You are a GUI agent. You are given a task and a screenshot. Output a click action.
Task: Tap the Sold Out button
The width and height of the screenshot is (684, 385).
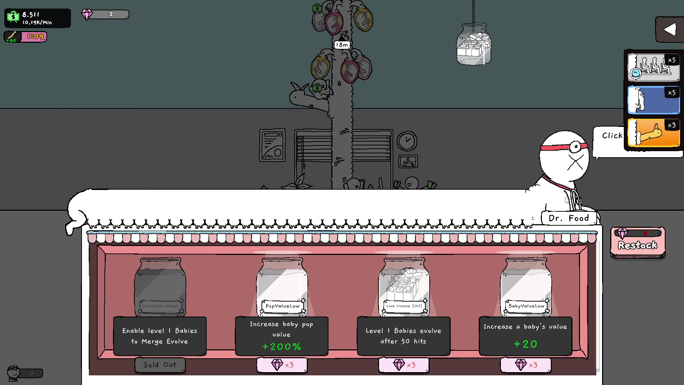(x=160, y=365)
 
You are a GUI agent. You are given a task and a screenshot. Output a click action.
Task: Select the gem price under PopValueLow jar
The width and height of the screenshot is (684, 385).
(x=282, y=365)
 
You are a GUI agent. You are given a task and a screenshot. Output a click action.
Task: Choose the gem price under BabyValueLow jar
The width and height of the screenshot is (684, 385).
(x=525, y=365)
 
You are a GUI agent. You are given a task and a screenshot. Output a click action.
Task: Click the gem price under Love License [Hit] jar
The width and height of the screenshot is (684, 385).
(x=404, y=365)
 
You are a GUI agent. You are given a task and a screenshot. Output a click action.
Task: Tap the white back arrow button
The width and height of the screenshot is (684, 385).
(x=670, y=30)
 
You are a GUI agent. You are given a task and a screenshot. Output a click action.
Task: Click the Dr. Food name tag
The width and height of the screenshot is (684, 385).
(x=568, y=218)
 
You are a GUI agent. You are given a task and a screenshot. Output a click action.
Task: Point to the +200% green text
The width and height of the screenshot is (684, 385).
(x=281, y=346)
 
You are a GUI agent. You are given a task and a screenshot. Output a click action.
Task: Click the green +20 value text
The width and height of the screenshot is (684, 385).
(x=525, y=344)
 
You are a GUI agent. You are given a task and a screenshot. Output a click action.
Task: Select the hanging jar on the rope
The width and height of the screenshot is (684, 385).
(x=473, y=45)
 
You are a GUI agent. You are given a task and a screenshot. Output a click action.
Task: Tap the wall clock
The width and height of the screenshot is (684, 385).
(x=407, y=141)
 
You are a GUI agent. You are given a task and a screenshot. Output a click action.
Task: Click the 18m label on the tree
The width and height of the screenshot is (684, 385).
(x=342, y=45)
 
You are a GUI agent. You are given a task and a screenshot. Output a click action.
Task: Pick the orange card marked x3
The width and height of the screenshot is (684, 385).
(x=653, y=133)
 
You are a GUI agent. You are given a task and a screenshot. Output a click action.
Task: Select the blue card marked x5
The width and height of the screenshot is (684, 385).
(x=653, y=100)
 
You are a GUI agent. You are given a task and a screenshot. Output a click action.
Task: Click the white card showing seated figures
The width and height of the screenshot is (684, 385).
(x=653, y=67)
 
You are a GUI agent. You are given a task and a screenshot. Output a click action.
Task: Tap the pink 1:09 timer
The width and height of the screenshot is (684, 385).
(x=35, y=37)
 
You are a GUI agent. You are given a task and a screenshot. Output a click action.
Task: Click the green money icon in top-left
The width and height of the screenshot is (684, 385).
(x=13, y=17)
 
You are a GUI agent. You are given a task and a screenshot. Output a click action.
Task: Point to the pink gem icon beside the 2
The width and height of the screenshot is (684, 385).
(x=87, y=15)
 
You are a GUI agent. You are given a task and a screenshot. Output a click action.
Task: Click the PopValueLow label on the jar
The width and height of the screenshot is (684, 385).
(x=283, y=306)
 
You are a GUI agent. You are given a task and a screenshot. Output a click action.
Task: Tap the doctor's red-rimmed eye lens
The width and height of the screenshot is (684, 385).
(x=575, y=147)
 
